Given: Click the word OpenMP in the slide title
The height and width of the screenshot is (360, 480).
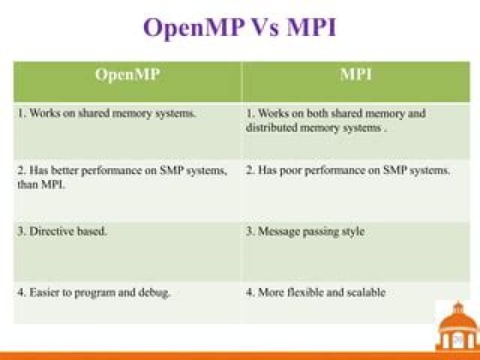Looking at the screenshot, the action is (x=194, y=28).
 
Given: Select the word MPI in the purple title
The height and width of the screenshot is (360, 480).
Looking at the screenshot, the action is (x=311, y=27).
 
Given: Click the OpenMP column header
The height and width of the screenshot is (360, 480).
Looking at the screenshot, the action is (x=127, y=75).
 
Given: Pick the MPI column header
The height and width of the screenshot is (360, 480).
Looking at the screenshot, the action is (x=356, y=74).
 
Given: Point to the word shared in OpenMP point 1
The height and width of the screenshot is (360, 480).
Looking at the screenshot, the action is (x=94, y=113).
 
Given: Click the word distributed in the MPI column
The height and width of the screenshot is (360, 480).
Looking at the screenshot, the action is (x=271, y=127).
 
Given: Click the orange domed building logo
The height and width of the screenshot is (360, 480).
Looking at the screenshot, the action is (x=457, y=326).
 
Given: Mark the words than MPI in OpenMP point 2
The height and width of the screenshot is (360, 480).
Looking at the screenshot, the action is (x=41, y=185).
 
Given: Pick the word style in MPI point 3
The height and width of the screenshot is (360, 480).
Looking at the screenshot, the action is (x=353, y=232).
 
